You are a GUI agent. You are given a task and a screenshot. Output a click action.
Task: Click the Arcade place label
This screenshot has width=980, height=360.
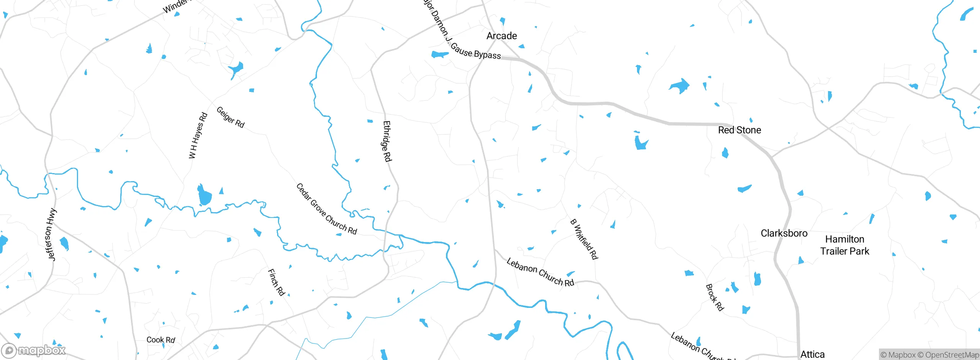[501, 36]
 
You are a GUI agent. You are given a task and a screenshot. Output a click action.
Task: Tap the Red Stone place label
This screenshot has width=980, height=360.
[739, 130]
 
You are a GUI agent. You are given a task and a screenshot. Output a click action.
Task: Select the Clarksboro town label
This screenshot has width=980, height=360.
[784, 233]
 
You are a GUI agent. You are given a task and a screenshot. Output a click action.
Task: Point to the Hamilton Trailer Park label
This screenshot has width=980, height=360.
[844, 245]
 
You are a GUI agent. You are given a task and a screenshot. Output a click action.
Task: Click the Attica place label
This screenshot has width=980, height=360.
[812, 354]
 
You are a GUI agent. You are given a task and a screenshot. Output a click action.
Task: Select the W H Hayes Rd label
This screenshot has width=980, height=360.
[198, 135]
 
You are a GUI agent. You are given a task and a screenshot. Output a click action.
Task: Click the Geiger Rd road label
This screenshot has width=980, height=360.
[230, 117]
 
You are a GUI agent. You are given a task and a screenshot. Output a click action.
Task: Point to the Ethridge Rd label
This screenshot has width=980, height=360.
[387, 141]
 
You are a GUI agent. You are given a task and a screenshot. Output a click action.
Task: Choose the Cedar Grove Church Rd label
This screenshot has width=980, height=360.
[327, 209]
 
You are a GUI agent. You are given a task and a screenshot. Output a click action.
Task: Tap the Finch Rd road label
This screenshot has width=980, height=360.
[276, 283]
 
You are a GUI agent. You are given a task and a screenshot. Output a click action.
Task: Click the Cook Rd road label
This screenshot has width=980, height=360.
[161, 340]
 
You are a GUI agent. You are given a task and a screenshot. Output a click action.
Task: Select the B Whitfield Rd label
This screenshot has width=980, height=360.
[584, 239]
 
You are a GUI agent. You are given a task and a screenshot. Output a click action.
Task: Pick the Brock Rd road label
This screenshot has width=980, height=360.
[715, 298]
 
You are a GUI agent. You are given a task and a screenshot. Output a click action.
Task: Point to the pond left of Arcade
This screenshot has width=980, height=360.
[439, 54]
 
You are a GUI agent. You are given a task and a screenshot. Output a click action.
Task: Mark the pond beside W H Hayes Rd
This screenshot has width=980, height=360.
[205, 196]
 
